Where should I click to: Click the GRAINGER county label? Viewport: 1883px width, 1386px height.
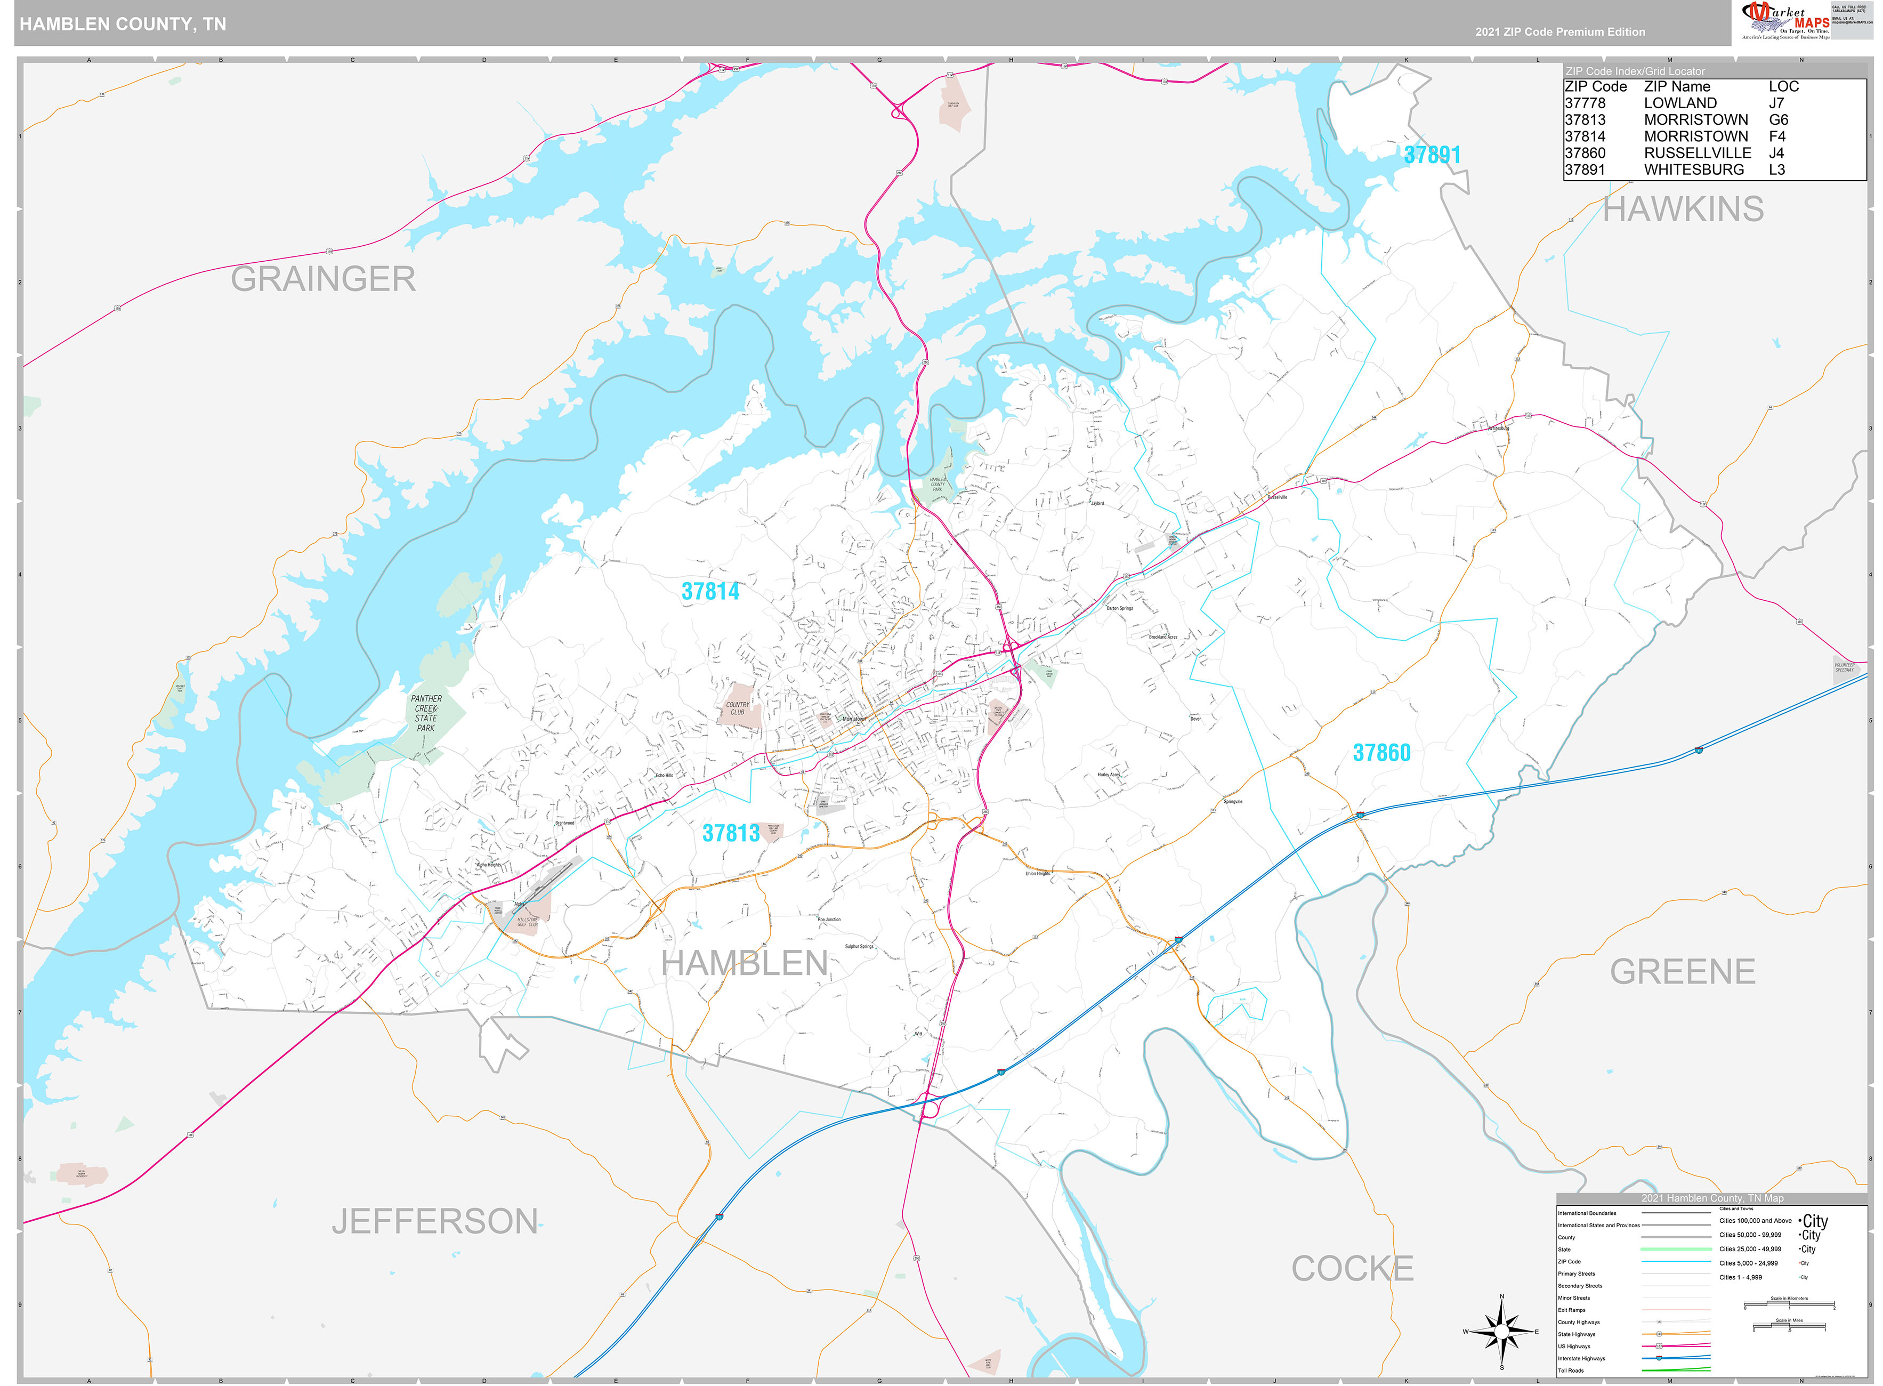(x=323, y=279)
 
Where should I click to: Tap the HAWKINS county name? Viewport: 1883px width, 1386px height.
(x=1683, y=209)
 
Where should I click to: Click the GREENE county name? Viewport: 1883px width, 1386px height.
(x=1682, y=972)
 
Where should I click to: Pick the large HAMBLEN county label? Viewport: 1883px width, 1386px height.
(x=744, y=963)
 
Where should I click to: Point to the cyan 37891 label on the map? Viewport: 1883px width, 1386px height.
(x=1432, y=155)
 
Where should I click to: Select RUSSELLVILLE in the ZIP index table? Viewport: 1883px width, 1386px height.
(x=1697, y=152)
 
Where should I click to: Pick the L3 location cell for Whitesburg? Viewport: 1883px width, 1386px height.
(x=1776, y=170)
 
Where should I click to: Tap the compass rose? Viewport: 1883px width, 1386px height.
(x=1501, y=1332)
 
